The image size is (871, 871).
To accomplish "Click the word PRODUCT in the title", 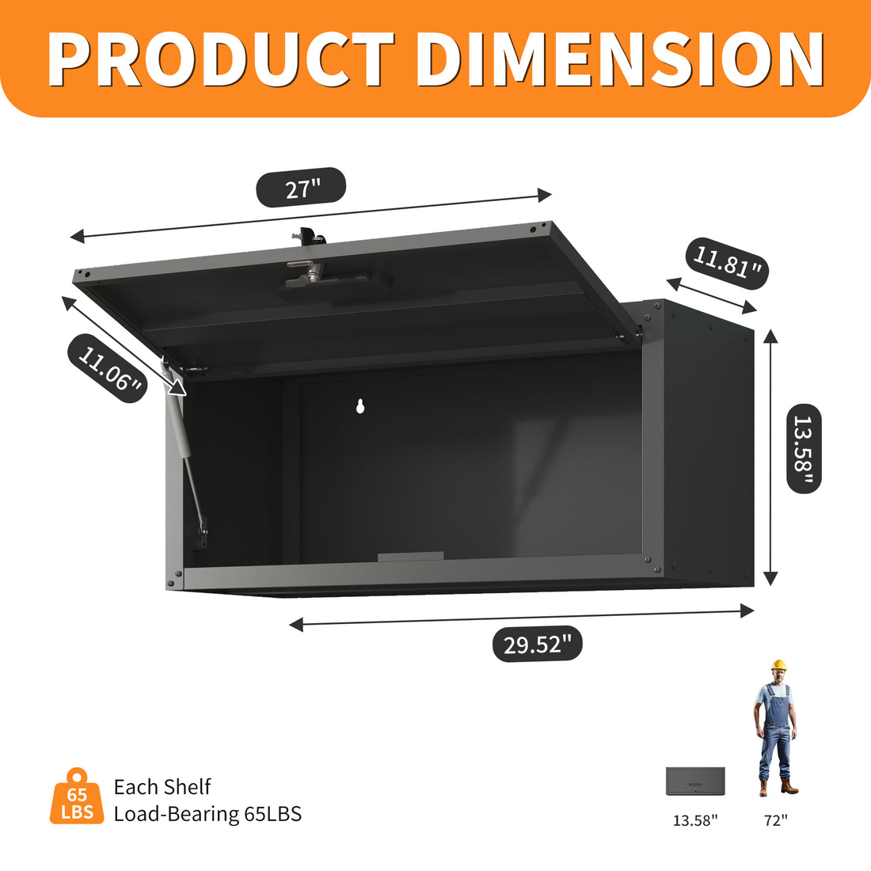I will click(x=222, y=59).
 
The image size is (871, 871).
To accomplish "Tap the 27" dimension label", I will click(x=302, y=188).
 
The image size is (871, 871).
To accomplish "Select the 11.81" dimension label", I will click(x=728, y=262).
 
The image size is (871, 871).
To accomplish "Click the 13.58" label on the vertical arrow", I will click(x=804, y=449).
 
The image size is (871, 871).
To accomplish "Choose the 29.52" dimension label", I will click(x=537, y=644).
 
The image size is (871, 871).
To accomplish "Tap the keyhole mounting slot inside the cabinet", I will click(x=360, y=406).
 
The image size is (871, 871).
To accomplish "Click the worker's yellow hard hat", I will click(x=779, y=665).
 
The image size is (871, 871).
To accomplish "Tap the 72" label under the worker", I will click(x=776, y=821).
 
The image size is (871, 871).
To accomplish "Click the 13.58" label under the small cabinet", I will click(x=695, y=821).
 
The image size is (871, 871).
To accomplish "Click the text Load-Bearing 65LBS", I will click(x=207, y=814).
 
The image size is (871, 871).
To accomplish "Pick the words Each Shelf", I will click(x=162, y=787).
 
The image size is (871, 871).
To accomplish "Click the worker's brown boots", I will click(x=777, y=787).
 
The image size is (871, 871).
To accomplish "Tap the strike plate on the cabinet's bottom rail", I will click(x=410, y=557).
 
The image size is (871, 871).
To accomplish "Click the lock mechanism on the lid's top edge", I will click(x=308, y=235).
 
